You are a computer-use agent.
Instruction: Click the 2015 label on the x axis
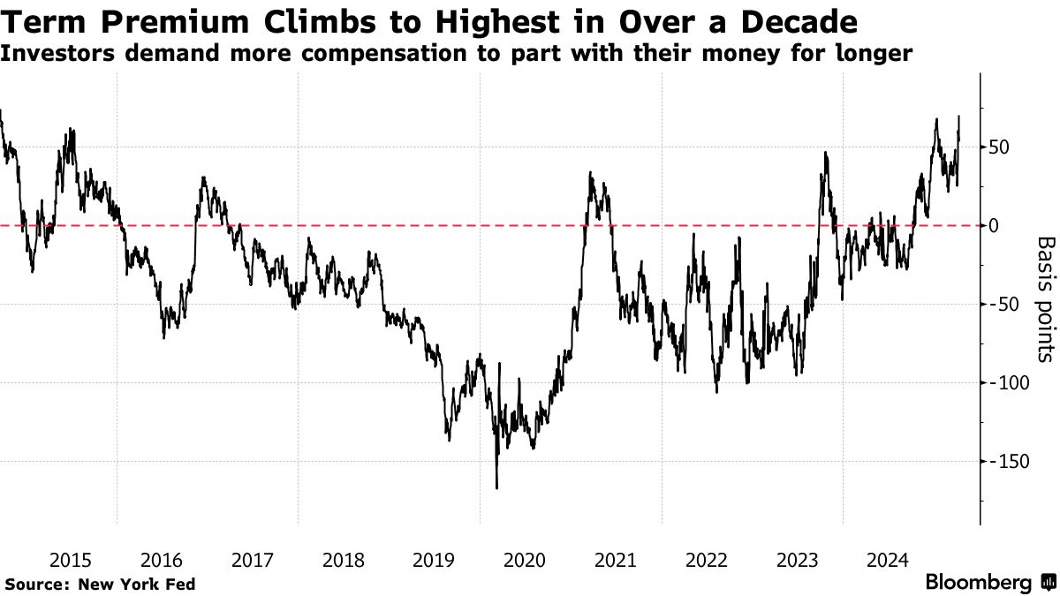pyautogui.click(x=70, y=560)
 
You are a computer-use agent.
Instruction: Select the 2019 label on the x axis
pyautogui.click(x=433, y=560)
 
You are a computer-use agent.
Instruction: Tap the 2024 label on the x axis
pyautogui.click(x=888, y=560)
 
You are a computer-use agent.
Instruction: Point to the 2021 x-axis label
pyautogui.click(x=615, y=560)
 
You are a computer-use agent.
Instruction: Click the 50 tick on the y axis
pyautogui.click(x=999, y=147)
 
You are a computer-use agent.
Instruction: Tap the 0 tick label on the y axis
pyautogui.click(x=994, y=226)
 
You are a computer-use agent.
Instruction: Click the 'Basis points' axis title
pyautogui.click(x=1045, y=298)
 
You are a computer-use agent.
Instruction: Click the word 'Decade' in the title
pyautogui.click(x=799, y=20)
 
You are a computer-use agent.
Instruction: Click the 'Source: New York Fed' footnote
pyautogui.click(x=101, y=584)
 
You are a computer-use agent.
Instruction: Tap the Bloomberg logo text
pyautogui.click(x=978, y=583)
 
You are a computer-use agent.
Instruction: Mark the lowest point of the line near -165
pyautogui.click(x=496, y=487)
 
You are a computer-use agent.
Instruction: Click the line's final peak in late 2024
pyautogui.click(x=959, y=117)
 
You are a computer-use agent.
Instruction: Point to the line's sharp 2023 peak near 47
pyautogui.click(x=825, y=153)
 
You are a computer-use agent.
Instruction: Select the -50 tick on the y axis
pyautogui.click(x=1003, y=305)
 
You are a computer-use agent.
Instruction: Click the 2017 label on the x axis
pyautogui.click(x=252, y=560)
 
